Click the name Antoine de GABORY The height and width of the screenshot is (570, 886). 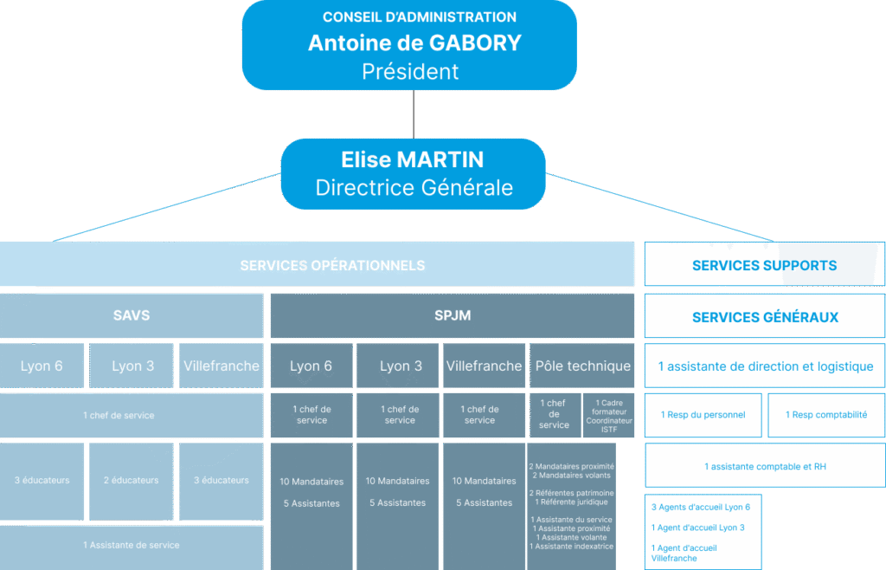point(414,42)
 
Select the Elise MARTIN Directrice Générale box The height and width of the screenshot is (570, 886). point(414,173)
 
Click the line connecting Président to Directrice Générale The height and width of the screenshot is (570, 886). point(414,113)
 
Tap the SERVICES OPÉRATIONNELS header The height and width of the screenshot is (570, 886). point(332,265)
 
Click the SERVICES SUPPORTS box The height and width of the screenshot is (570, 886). point(764,265)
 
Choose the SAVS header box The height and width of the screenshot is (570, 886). point(132,315)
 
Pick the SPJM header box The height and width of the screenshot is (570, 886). point(453,315)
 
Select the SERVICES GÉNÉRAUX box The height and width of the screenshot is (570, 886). point(764,317)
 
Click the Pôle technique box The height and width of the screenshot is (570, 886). point(582,366)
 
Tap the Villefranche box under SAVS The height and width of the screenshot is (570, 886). point(221,366)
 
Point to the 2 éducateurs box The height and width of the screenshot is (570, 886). point(132,480)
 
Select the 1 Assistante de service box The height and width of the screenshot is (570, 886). point(132,545)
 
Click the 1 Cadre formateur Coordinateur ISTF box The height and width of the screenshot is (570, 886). point(609,415)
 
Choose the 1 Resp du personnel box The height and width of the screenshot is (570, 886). point(703,415)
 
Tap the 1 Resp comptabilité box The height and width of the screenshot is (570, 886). point(825,415)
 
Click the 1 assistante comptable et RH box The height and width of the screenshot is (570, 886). point(764,466)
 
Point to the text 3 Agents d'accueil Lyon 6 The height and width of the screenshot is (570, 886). point(700,507)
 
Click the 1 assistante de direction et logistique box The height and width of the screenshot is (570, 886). point(764,366)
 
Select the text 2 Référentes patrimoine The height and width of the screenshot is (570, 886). point(572,493)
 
